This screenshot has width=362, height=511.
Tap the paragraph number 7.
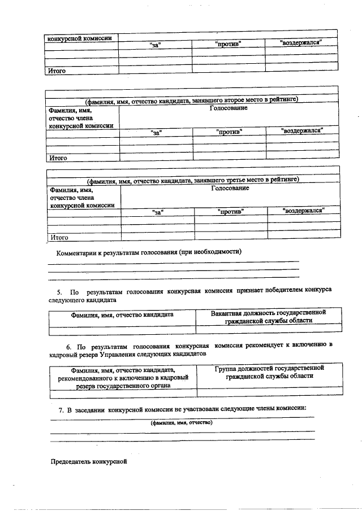pyautogui.click(x=53, y=408)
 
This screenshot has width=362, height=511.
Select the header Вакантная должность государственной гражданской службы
pyautogui.click(x=268, y=316)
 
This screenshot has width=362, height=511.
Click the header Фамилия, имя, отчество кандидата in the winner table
pyautogui.click(x=122, y=315)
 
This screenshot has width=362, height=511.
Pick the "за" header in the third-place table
pyautogui.click(x=158, y=212)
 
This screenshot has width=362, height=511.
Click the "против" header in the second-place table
pyautogui.click(x=229, y=132)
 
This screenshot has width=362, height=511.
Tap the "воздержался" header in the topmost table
pyautogui.click(x=301, y=43)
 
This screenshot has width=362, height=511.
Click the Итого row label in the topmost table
pyautogui.click(x=57, y=71)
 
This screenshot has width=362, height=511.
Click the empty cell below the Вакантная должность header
pyautogui.click(x=268, y=328)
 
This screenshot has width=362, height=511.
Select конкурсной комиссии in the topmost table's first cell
pyautogui.click(x=80, y=38)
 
